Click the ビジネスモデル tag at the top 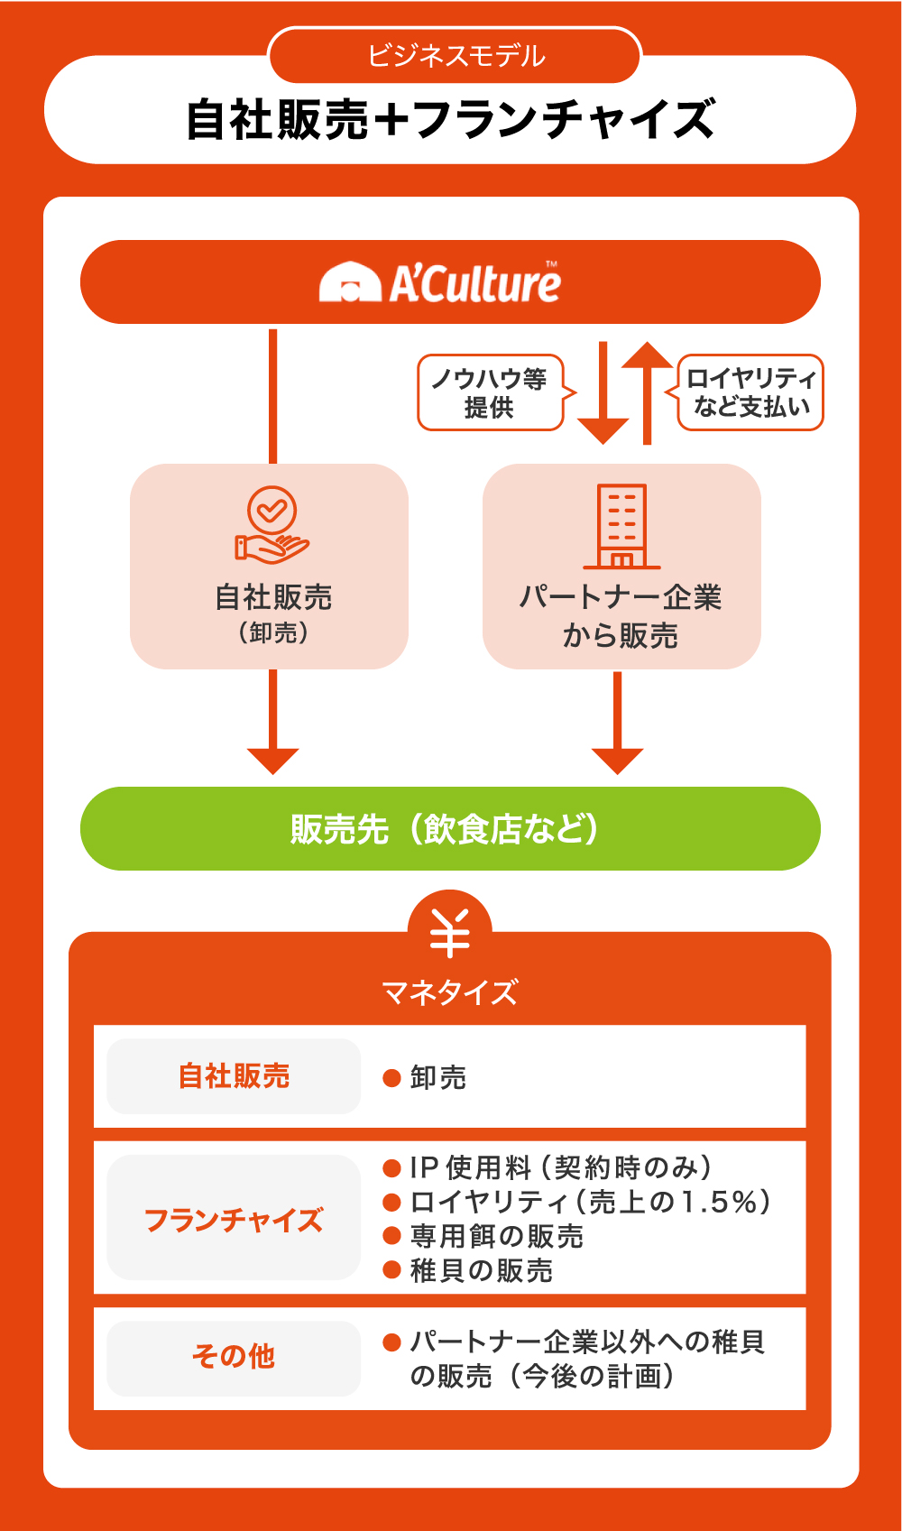click(x=456, y=56)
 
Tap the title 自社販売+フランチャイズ click(x=450, y=120)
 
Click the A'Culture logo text click(x=474, y=283)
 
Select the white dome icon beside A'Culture click(x=349, y=282)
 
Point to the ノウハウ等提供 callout click(x=490, y=392)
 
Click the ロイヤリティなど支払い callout click(x=750, y=392)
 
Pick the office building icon click(x=621, y=526)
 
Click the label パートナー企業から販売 click(x=621, y=616)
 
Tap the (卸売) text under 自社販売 click(x=273, y=633)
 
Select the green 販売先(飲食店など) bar click(x=450, y=828)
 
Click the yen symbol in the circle click(x=449, y=933)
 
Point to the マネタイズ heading click(x=449, y=992)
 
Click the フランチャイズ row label click(x=234, y=1220)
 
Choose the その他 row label click(x=234, y=1356)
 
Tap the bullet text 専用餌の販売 click(x=496, y=1236)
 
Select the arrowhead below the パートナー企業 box click(x=618, y=760)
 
